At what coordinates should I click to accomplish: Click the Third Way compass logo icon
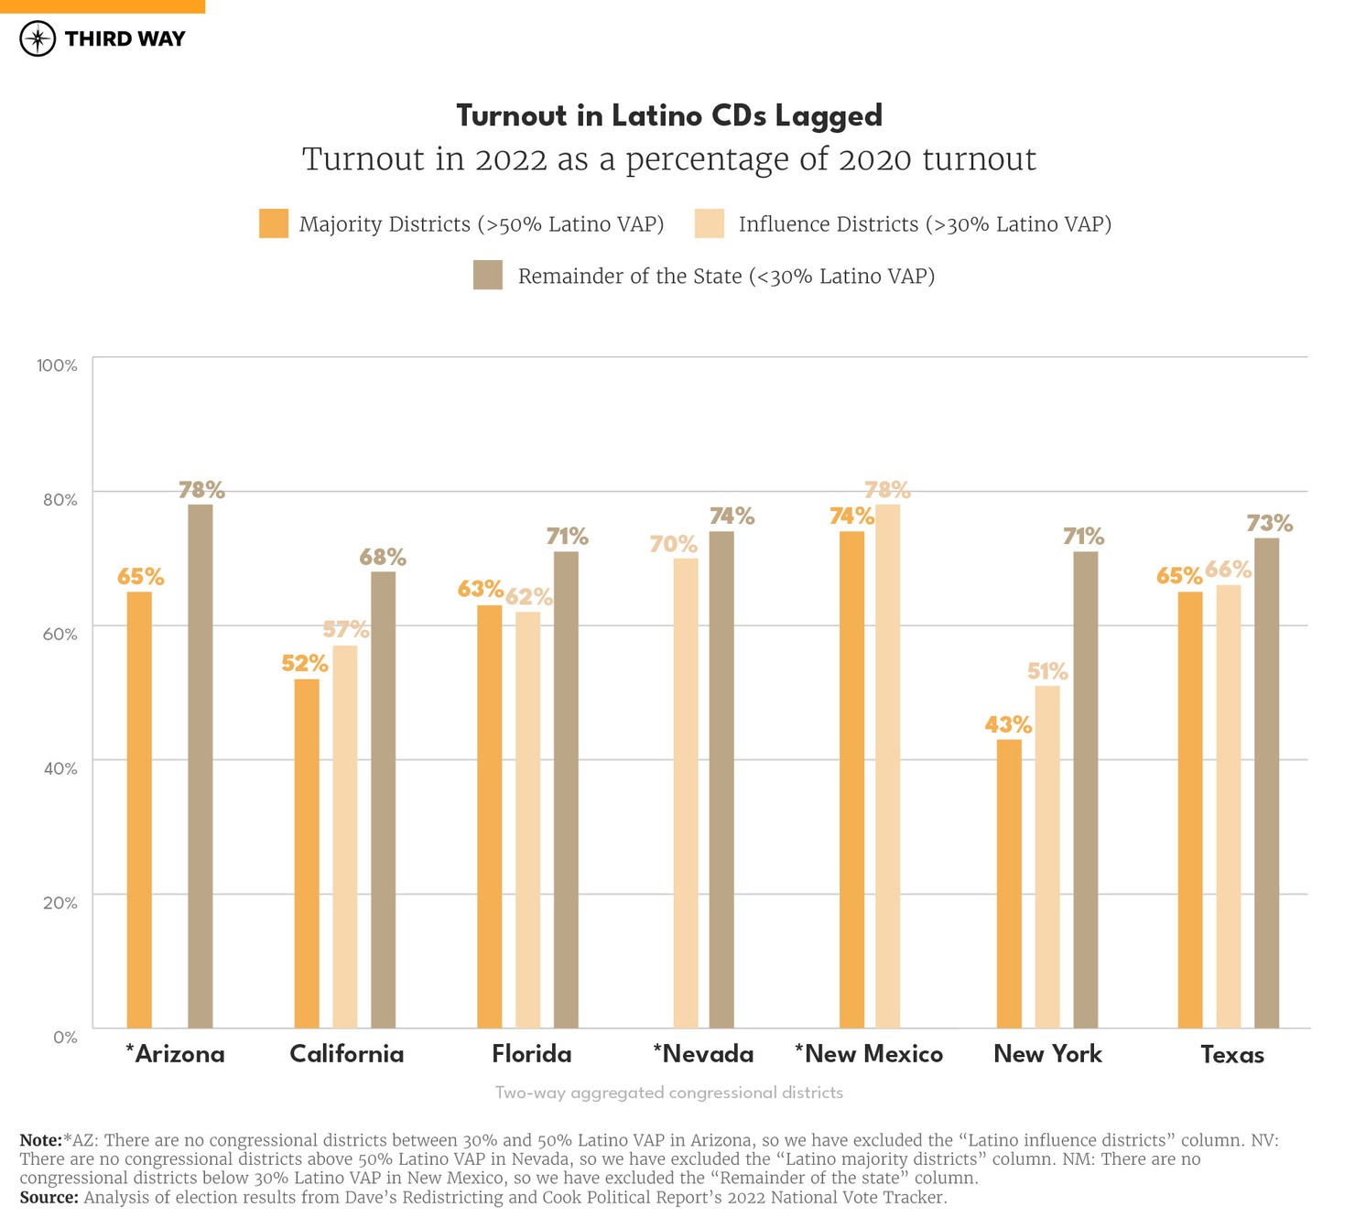click(x=38, y=38)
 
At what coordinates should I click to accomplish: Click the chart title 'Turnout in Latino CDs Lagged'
click(x=669, y=116)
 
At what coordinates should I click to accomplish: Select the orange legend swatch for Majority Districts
click(x=274, y=223)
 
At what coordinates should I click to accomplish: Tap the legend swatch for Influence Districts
click(x=710, y=223)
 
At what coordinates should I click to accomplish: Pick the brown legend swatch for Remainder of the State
click(x=488, y=276)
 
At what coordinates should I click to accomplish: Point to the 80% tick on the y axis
click(x=57, y=499)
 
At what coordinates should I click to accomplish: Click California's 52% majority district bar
click(x=307, y=853)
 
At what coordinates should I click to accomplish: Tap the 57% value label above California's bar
click(x=346, y=629)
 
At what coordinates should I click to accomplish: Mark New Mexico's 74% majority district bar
click(x=851, y=779)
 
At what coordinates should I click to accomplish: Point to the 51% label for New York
click(x=1047, y=671)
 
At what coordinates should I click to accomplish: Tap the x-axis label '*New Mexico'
click(x=868, y=1054)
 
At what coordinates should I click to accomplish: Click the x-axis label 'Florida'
click(x=531, y=1054)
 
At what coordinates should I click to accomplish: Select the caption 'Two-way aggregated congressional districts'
click(x=668, y=1093)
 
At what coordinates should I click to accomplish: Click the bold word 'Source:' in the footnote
click(x=49, y=1197)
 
